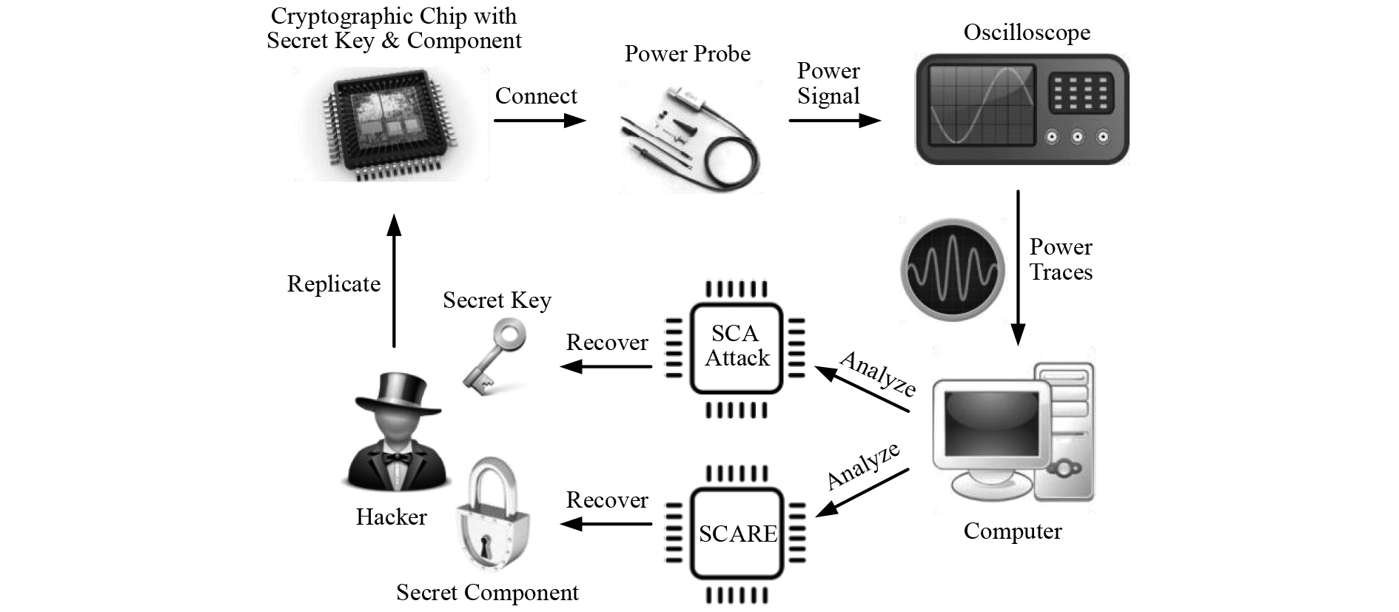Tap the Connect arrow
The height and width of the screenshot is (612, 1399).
pos(540,121)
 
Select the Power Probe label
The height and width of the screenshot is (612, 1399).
pos(687,54)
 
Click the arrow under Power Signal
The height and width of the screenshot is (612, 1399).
pos(834,121)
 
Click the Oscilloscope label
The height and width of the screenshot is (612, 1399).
pos(1027,33)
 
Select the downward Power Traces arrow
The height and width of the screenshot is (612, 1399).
pos(1018,266)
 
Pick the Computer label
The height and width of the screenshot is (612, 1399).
pos(1012,531)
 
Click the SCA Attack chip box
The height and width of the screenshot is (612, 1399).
pos(736,348)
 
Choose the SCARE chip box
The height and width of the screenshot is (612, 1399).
pos(737,533)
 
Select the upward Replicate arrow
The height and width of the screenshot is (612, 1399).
pos(394,281)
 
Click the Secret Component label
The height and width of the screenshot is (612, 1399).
pos(487,593)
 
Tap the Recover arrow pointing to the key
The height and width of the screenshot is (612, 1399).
pos(606,366)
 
